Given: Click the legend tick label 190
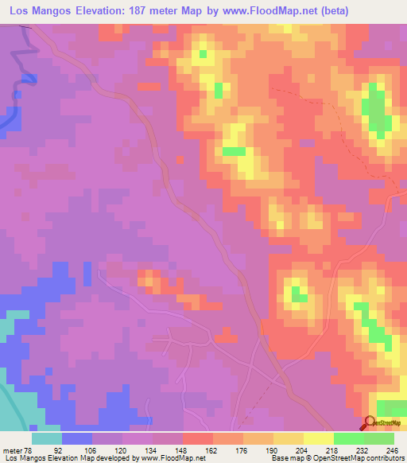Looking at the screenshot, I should point(269,449).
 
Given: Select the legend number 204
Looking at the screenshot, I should point(299,449).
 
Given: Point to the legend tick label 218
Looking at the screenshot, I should point(329,449).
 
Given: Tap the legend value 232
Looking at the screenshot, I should point(359,449).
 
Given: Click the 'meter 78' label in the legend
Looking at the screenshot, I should point(16,449).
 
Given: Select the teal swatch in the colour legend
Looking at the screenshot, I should point(47,438).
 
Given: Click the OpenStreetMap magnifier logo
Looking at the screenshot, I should point(369,423).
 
